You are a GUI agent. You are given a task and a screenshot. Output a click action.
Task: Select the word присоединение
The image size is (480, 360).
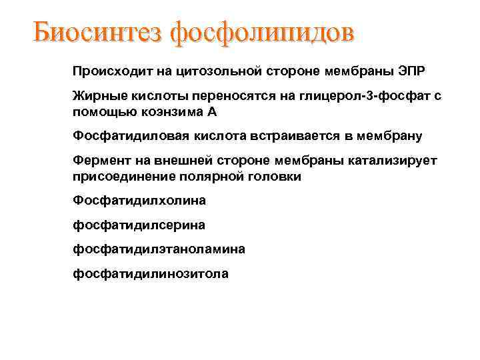point(122,176)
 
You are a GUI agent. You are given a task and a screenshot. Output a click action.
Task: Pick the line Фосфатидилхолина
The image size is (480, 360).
point(139,200)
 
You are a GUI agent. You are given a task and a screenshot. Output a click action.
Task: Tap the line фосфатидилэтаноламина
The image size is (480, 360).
point(159,249)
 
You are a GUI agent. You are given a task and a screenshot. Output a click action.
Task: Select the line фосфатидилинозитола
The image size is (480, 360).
point(150,273)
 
